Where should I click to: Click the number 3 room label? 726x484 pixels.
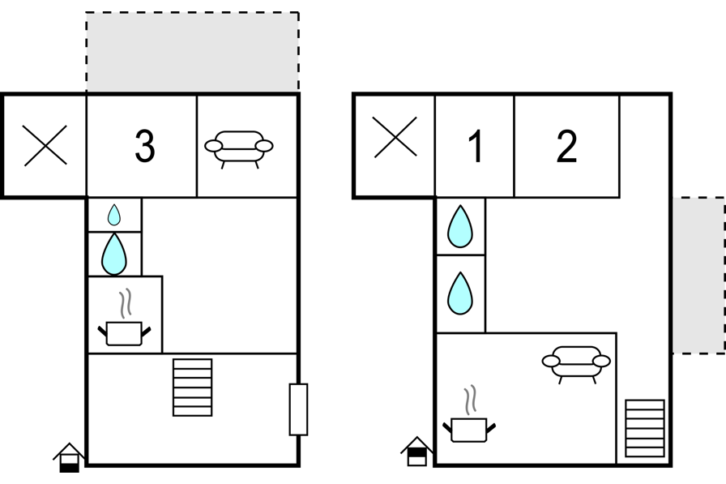coord(144,146)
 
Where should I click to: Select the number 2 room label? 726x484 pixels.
coord(566,146)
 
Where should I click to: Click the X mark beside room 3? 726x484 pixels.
coord(45,145)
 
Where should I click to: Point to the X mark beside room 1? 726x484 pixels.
coord(395,137)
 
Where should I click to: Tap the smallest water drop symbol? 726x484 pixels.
coord(114,215)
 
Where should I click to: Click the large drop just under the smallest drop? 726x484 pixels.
coord(114,255)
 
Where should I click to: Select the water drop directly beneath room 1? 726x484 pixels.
coord(460,226)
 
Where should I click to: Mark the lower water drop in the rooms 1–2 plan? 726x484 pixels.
coord(460,293)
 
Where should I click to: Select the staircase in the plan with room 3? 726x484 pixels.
coord(193,388)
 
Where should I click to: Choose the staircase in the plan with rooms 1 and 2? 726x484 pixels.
coord(645,428)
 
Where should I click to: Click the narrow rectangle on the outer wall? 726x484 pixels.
coord(299,409)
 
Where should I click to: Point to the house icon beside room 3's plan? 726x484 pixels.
coord(70,457)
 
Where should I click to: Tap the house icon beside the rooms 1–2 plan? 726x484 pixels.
coord(417,451)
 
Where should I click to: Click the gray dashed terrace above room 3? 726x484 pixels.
coord(193,52)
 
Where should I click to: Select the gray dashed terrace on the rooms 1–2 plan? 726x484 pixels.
coord(698,276)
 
